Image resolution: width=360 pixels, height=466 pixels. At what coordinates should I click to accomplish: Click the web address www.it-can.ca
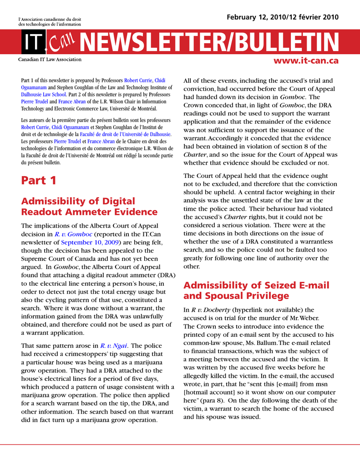pos(306,61)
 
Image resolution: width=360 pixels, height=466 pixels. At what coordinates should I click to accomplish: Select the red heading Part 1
pos(39,181)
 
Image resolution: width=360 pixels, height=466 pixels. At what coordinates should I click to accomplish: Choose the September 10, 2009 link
pos(90,242)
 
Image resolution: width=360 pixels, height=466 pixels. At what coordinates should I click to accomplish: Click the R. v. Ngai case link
pos(114,345)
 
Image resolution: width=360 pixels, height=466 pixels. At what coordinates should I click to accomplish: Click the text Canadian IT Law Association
pos(50,60)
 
